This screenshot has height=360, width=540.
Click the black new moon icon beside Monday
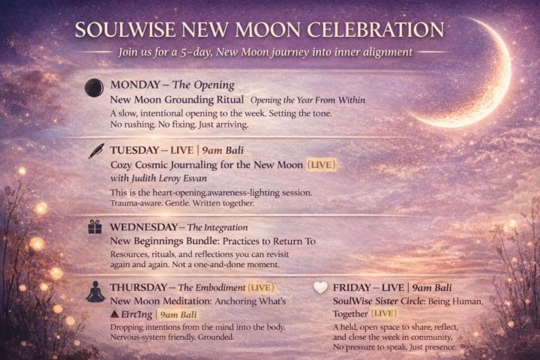pos(94,85)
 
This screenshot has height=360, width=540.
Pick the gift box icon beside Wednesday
pos(94,226)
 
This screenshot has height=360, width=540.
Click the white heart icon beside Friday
pos(320,287)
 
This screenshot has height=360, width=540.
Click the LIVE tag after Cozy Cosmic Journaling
pos(321,163)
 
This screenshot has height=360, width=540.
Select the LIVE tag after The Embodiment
pos(262,286)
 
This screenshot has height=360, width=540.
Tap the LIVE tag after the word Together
pos(385,313)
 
